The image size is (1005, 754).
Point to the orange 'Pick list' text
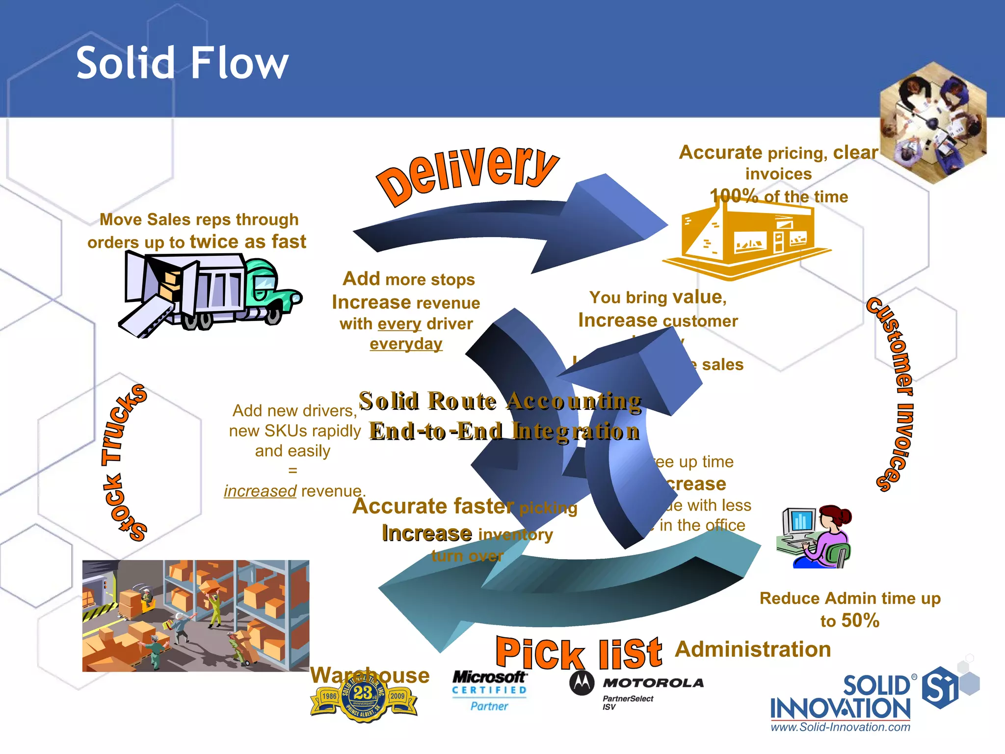point(579,653)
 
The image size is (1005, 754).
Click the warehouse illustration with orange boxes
point(195,616)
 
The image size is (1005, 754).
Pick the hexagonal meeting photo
point(932,123)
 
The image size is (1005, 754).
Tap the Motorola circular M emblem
point(582,683)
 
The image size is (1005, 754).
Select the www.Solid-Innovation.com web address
point(840,727)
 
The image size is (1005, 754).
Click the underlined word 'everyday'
point(406,344)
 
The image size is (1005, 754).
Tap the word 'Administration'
point(753,649)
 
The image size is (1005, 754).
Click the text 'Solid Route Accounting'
point(500,401)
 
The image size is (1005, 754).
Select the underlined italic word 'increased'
point(260,491)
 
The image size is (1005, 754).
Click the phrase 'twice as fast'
point(248,242)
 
